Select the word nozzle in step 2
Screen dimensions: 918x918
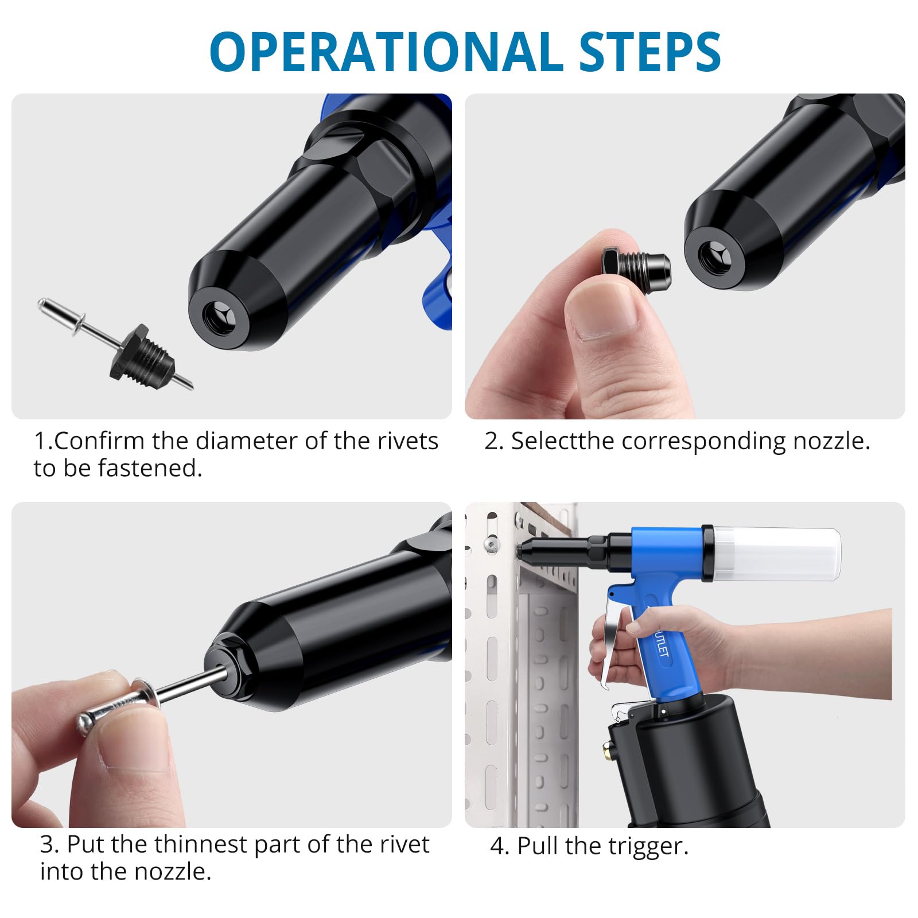click(831, 441)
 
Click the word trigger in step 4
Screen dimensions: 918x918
click(648, 847)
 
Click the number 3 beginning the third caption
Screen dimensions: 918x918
click(49, 845)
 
